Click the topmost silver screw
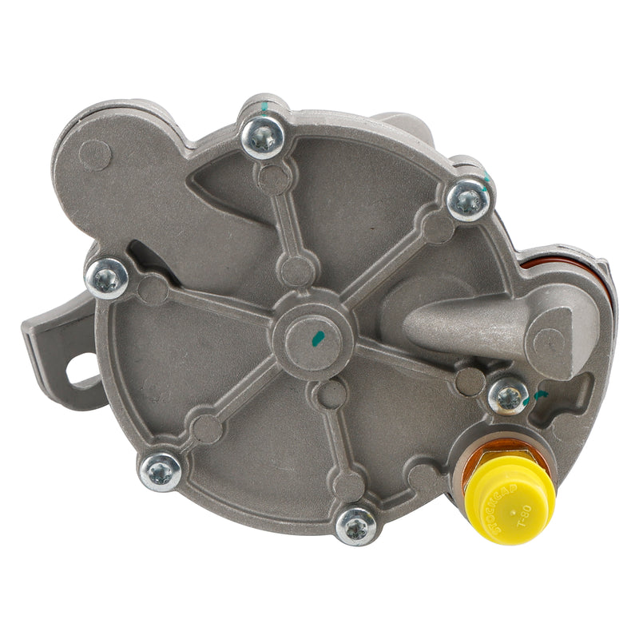point(263,137)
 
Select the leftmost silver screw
point(107,277)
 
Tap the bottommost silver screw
point(355,526)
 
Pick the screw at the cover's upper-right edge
point(468,200)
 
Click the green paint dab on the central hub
point(318,339)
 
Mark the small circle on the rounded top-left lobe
point(95,154)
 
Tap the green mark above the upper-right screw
point(485,177)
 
